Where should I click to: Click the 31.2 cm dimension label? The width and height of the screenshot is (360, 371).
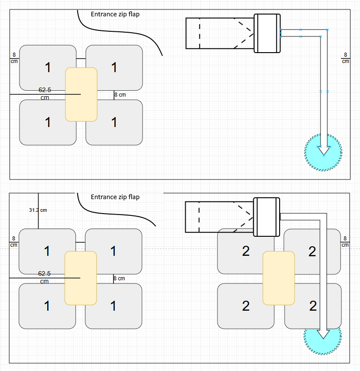tap(38, 210)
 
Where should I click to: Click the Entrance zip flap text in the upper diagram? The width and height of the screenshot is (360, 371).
tap(115, 14)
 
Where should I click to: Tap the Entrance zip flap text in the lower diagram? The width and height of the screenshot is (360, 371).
tap(115, 197)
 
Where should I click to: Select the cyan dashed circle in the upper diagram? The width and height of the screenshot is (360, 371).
tap(323, 152)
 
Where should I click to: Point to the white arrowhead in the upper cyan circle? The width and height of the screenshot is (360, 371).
tap(324, 151)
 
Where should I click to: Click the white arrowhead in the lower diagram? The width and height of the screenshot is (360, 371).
tap(323, 334)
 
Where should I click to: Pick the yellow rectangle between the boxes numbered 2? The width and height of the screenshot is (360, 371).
tap(279, 278)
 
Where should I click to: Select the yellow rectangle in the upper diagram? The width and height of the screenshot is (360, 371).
tap(81, 94)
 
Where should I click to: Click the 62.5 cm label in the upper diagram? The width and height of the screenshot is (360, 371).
tap(45, 94)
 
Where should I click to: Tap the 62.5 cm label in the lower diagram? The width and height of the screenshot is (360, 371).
tap(44, 277)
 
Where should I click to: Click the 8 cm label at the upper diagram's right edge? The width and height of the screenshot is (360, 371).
tap(345, 58)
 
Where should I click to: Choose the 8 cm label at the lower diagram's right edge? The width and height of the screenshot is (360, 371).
tap(345, 242)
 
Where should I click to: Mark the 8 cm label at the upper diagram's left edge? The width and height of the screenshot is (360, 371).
tap(14, 58)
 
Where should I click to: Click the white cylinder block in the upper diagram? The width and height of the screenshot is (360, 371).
tap(267, 33)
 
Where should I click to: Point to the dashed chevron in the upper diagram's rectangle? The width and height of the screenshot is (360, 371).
tap(243, 34)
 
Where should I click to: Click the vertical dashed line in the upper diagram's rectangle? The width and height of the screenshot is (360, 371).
tap(200, 34)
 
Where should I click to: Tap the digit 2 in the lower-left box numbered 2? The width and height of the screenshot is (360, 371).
tap(246, 306)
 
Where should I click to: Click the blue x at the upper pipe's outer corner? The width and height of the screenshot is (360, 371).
tap(328, 30)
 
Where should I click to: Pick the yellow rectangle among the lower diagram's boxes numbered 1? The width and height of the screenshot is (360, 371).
tap(81, 278)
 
